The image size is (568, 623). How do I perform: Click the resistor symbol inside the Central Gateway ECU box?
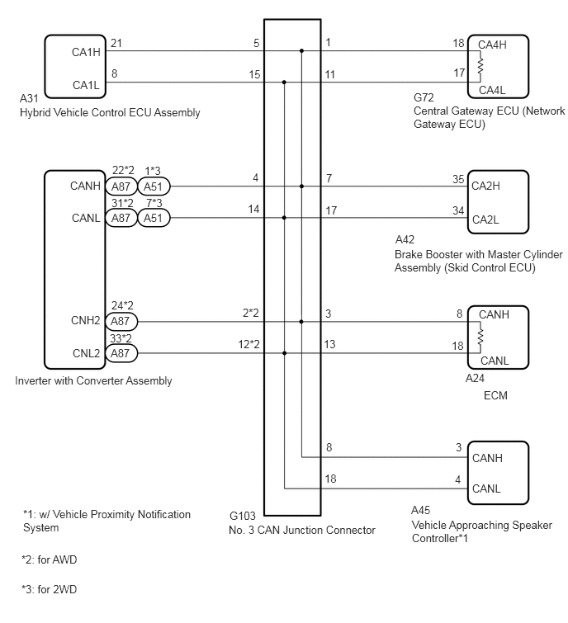tap(480, 66)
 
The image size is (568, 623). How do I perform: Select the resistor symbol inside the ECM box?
tap(480, 337)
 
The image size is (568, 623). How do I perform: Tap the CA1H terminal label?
tap(86, 52)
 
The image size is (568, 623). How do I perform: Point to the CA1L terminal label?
tap(86, 85)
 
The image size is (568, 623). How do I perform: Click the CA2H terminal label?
tap(485, 186)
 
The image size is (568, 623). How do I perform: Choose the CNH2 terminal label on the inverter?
tap(86, 320)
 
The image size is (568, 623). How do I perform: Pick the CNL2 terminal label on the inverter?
tap(86, 353)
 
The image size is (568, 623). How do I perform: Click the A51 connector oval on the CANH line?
tap(154, 186)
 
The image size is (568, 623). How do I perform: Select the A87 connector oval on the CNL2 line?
tap(121, 353)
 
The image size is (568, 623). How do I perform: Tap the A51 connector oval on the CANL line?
tap(154, 218)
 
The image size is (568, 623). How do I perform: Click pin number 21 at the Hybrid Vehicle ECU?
tap(116, 43)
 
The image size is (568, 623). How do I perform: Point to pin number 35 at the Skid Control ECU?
tap(458, 179)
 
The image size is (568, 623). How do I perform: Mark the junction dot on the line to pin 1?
tap(301, 51)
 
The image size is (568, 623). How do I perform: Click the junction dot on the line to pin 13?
tap(284, 353)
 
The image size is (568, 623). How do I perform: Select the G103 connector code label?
tap(243, 516)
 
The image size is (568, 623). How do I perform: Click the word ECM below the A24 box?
tap(495, 396)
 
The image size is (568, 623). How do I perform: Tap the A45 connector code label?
tap(420, 510)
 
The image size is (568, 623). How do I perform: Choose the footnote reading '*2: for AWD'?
tap(50, 559)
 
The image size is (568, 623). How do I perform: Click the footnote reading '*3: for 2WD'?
tap(50, 589)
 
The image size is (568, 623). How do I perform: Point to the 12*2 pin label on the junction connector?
tap(248, 344)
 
